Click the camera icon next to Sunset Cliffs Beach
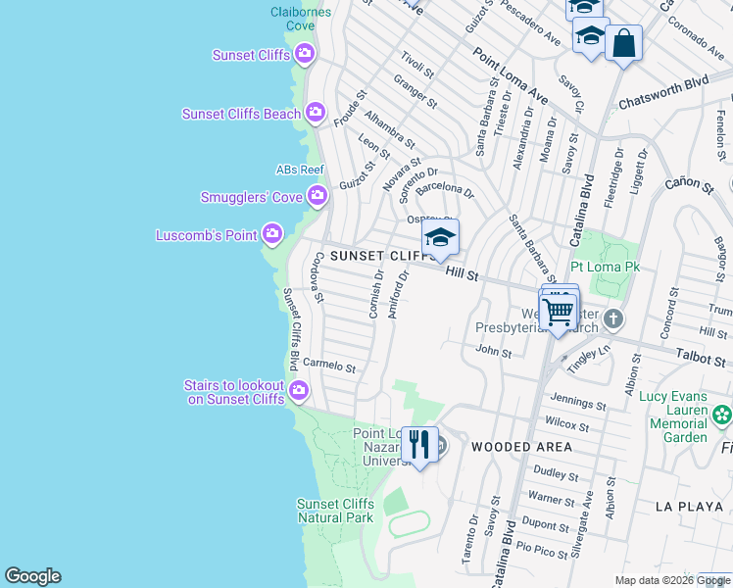point(316,114)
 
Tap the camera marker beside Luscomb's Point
point(272,234)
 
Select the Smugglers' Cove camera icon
point(317,197)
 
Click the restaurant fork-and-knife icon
point(419,444)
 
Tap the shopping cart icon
point(559,313)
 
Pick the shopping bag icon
point(623,43)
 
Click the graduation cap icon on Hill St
point(440,238)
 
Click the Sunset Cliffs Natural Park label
point(335,511)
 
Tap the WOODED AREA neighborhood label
point(520,447)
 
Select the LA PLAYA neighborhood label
point(691,507)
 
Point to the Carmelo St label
point(329,365)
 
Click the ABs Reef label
point(300,170)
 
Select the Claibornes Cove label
point(301,19)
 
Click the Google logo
point(33,576)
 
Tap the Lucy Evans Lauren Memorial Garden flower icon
point(722,415)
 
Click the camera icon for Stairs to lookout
point(299,392)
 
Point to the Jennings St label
point(577,401)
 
